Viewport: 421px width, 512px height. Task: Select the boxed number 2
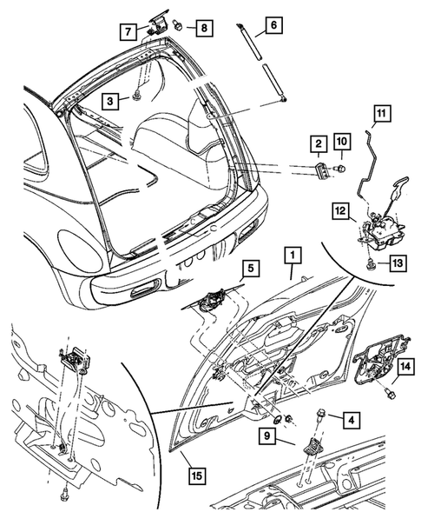tap(319, 143)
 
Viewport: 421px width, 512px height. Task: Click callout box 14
tap(404, 368)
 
